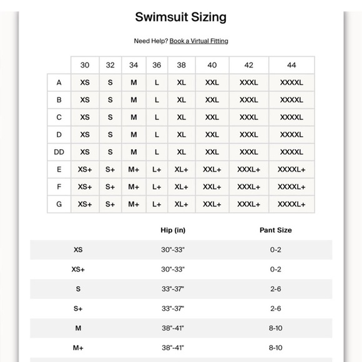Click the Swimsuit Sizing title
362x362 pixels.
tap(181, 17)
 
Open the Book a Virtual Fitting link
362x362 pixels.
tap(198, 41)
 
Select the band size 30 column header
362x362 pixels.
tap(85, 65)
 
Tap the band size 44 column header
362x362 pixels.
tap(291, 65)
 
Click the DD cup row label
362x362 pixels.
tap(59, 152)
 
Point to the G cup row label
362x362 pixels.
tap(59, 204)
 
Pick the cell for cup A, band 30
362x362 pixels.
tap(85, 82)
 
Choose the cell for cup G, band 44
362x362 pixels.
tap(291, 204)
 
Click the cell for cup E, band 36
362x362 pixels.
tap(157, 169)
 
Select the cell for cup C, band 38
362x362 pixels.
tap(181, 117)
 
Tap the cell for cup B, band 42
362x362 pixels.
tap(248, 100)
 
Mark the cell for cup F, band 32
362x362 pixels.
tap(110, 187)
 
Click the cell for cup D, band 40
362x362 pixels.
tap(212, 135)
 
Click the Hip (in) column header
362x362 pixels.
tap(173, 230)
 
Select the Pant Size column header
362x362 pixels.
tap(275, 230)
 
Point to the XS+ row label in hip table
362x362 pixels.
tap(78, 270)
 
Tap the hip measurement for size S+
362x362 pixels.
tap(173, 309)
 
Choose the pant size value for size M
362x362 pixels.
tap(275, 328)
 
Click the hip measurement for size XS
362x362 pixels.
tap(173, 250)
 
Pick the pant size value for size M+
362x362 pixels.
tap(275, 348)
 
